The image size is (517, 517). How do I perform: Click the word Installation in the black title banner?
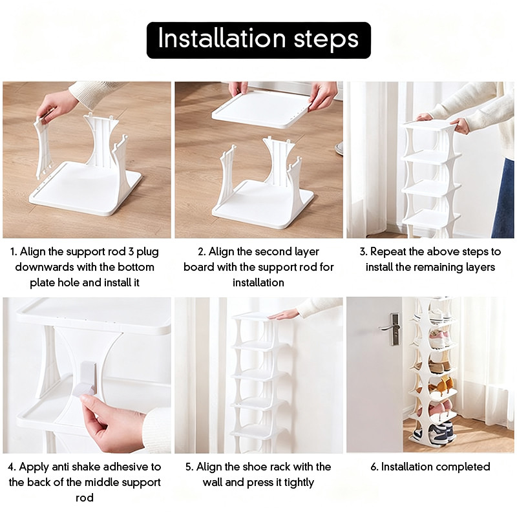[x=222, y=38]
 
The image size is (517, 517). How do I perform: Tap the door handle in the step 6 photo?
[x=392, y=329]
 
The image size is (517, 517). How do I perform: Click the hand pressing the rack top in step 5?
[x=283, y=315]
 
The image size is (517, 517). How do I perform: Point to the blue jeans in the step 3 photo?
[x=505, y=198]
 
